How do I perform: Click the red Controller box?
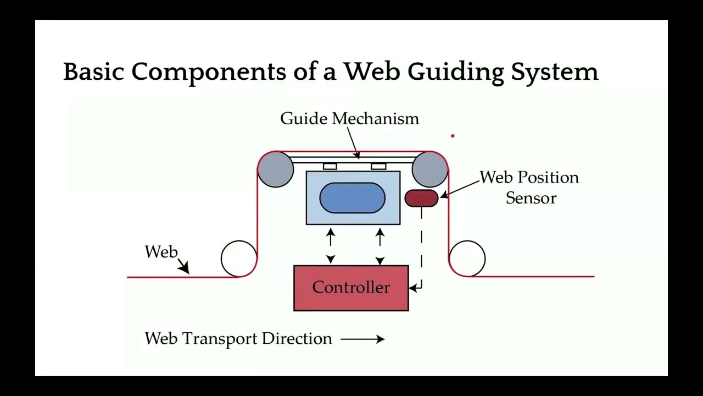click(351, 288)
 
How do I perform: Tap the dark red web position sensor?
click(421, 198)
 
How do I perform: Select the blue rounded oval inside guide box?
click(352, 198)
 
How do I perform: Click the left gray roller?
click(275, 169)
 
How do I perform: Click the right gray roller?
click(429, 169)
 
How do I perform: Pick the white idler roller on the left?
click(238, 258)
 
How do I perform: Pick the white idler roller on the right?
click(467, 258)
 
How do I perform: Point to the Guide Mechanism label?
click(349, 119)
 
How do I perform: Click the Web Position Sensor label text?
click(529, 188)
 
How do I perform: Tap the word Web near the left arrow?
click(161, 252)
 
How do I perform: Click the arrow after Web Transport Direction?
click(362, 339)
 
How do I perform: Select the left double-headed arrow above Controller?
click(331, 246)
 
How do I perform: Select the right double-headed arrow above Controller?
click(380, 246)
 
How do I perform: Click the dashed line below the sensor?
click(422, 242)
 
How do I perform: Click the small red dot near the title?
click(453, 135)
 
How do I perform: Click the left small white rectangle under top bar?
click(330, 166)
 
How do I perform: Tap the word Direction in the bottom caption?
click(297, 339)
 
